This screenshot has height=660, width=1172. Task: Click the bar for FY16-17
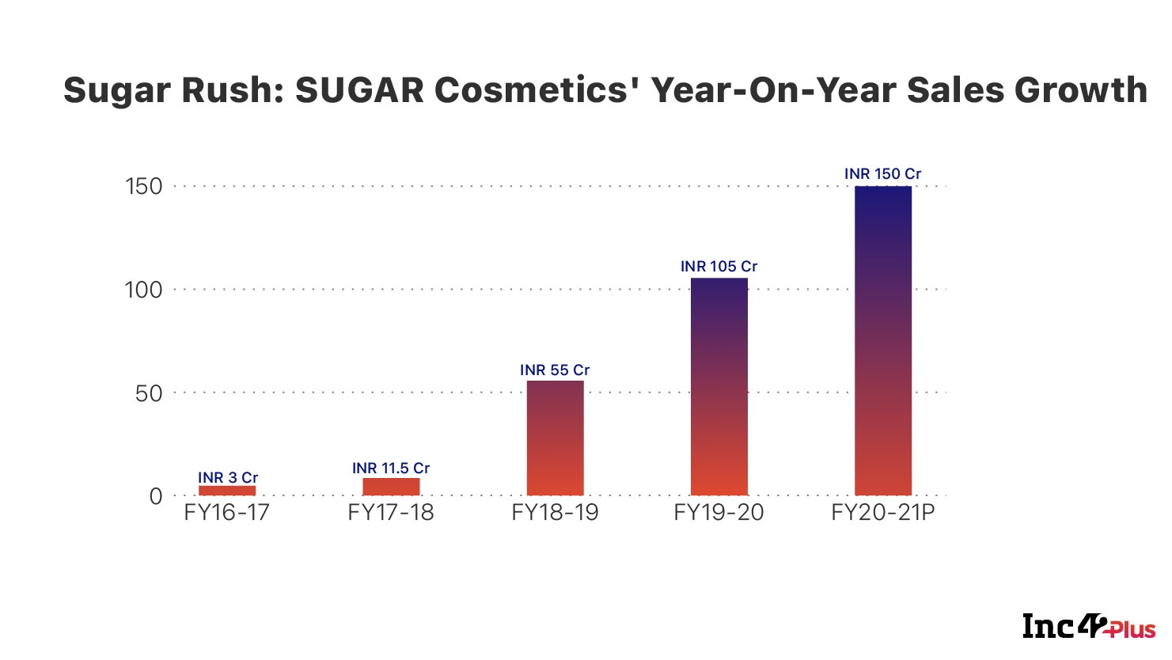[227, 491]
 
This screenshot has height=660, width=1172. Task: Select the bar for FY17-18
[391, 487]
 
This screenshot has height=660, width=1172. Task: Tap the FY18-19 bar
[555, 438]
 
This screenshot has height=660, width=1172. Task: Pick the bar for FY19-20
[719, 387]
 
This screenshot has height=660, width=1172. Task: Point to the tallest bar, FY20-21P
[883, 340]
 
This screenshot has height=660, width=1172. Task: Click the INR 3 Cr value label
[228, 477]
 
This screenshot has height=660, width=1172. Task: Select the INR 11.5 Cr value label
[391, 468]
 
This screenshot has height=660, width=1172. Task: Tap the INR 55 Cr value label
[555, 370]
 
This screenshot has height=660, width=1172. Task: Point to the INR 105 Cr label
[719, 267]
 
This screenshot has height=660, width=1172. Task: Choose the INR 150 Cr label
[882, 173]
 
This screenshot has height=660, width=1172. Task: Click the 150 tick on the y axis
[143, 187]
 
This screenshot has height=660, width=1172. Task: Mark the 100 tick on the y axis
[143, 290]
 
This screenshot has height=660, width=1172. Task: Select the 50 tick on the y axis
[148, 393]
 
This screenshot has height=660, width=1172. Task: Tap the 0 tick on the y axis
[155, 496]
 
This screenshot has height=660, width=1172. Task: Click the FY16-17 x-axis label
[226, 513]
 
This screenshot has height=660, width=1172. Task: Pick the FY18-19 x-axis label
[555, 513]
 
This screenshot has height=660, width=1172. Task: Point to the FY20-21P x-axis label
[883, 513]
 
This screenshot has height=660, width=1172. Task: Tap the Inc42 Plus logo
[1088, 627]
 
